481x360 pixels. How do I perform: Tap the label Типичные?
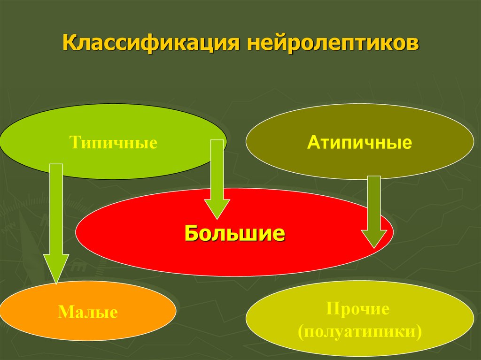(113, 142)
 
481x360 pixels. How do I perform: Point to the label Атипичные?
(359, 142)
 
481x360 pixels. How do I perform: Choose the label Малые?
(87, 312)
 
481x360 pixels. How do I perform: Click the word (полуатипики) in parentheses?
(359, 331)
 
